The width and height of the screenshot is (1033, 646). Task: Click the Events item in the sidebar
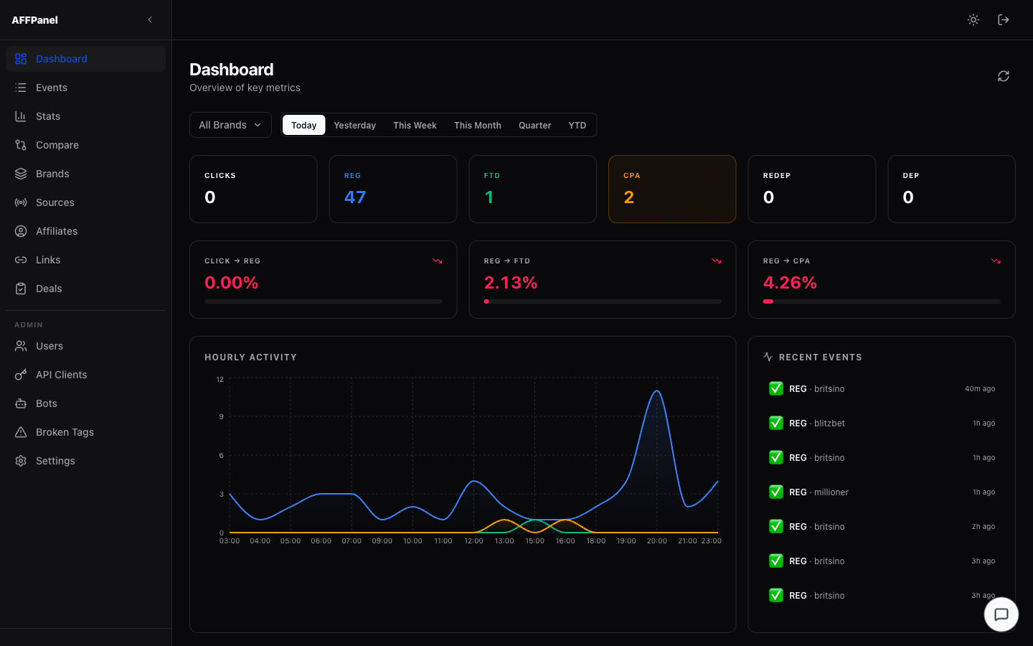[x=51, y=88]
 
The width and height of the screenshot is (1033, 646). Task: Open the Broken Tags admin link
[x=65, y=432]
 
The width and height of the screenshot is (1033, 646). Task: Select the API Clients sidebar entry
[x=61, y=375]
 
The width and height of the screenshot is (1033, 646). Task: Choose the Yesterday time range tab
[x=354, y=125]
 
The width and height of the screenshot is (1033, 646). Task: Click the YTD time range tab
[x=577, y=125]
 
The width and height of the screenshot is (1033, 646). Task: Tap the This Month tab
[x=477, y=125]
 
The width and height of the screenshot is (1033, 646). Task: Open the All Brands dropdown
[x=230, y=125]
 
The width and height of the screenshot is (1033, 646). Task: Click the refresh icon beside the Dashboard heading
[x=1004, y=76]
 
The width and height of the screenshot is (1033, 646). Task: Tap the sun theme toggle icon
[x=973, y=20]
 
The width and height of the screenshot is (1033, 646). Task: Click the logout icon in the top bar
[x=1004, y=20]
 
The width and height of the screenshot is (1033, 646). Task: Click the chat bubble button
[x=1001, y=614]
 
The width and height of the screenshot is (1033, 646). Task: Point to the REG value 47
[x=355, y=197]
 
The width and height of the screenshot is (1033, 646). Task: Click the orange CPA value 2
[x=628, y=197]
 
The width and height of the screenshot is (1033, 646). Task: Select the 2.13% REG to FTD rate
[x=511, y=283]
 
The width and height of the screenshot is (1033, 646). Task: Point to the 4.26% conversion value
[x=790, y=283]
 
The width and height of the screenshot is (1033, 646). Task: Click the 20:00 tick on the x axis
[x=656, y=541]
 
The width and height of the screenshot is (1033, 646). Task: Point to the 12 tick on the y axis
[x=220, y=379]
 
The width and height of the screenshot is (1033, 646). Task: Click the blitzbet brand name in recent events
[x=829, y=423]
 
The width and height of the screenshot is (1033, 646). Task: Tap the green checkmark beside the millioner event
[x=775, y=492]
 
